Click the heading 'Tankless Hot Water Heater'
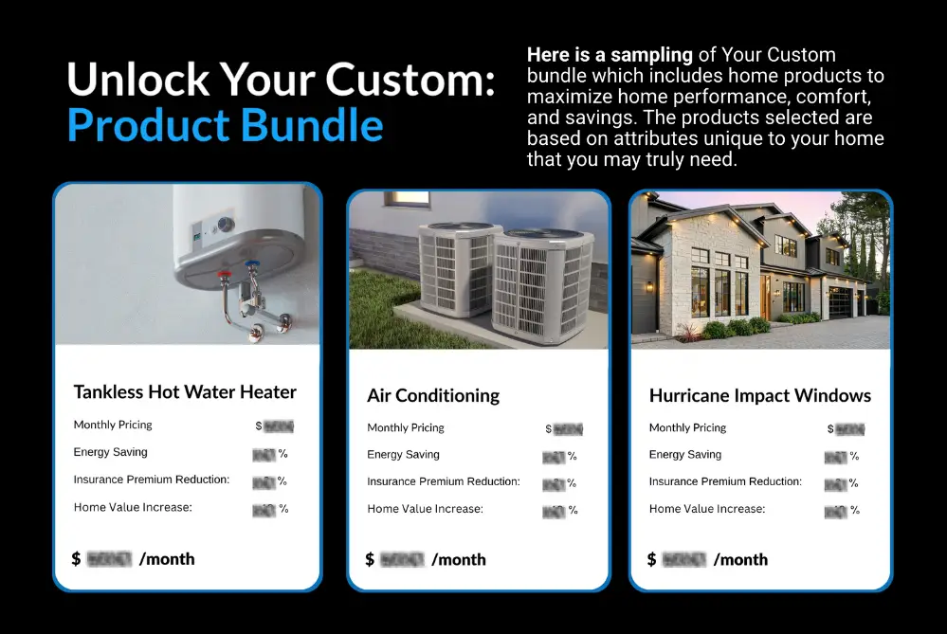(185, 392)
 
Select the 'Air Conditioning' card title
(433, 396)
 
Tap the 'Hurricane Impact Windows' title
(759, 396)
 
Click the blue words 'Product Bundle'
(226, 125)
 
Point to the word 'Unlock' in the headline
(123, 81)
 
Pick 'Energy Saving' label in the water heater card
(111, 452)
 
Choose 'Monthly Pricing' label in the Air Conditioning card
(406, 428)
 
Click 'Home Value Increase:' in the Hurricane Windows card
(706, 509)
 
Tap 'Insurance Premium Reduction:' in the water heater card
(152, 480)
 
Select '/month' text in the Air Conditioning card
(459, 559)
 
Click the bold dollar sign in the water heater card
(76, 559)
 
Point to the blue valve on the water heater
(251, 269)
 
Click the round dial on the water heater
(225, 225)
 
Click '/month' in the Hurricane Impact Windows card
(740, 559)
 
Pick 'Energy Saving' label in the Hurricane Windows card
(685, 455)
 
